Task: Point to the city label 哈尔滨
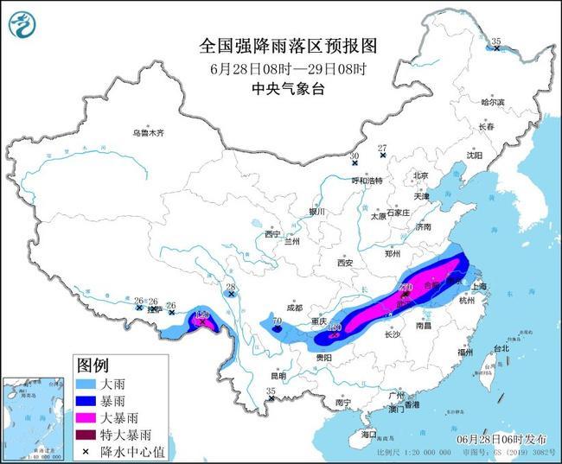click(492, 102)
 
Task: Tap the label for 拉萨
click(154, 308)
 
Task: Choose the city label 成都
click(293, 307)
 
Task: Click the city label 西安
click(347, 262)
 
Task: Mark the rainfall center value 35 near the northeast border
click(496, 41)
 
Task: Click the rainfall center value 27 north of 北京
click(382, 148)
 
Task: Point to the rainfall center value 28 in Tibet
click(231, 288)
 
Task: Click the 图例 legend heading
click(93, 363)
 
